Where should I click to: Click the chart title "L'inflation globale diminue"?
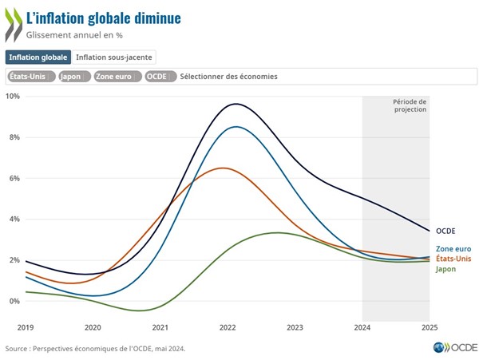point(103,18)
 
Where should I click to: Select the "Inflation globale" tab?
point(38,57)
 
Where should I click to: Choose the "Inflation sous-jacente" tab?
point(113,57)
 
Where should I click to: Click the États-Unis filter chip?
point(31,76)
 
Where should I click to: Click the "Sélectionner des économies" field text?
point(228,76)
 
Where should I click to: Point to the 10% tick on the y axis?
point(12,97)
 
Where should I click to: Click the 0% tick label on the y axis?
point(14,301)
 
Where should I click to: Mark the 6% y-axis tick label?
point(14,178)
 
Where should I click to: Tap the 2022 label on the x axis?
point(228,327)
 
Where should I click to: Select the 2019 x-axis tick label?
point(26,327)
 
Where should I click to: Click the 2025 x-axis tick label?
point(429,327)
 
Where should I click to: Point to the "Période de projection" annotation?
point(410,105)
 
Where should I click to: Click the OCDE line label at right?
point(445,231)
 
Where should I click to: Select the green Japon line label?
point(446,269)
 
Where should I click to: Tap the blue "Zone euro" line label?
point(453,250)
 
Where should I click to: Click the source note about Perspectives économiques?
point(100,348)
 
